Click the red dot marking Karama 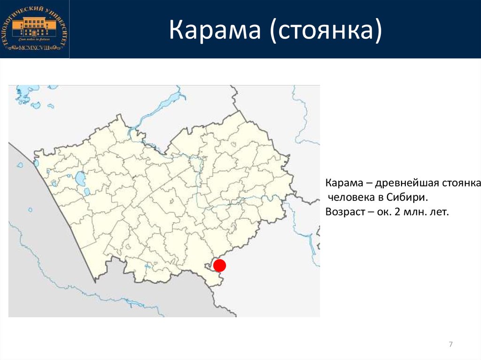click(x=220, y=266)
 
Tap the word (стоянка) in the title click(x=325, y=30)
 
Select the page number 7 click(x=451, y=345)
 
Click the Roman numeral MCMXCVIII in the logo click(x=34, y=48)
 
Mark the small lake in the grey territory click(x=30, y=210)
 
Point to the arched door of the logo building click(x=34, y=32)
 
